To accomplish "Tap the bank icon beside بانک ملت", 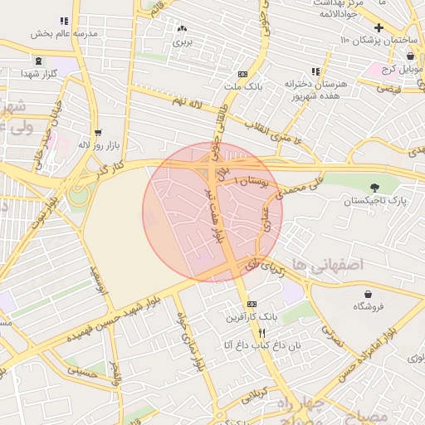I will point(242,74).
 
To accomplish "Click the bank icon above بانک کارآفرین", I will point(252,305).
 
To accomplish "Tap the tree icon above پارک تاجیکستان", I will point(374,188).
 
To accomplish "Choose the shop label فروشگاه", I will point(369,306).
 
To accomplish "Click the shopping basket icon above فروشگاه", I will point(369,294).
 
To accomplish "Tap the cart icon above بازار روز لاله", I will point(98,133).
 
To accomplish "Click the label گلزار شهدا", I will point(39,73).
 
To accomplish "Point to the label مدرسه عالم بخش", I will point(63,34).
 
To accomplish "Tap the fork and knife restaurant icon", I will point(239,331).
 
